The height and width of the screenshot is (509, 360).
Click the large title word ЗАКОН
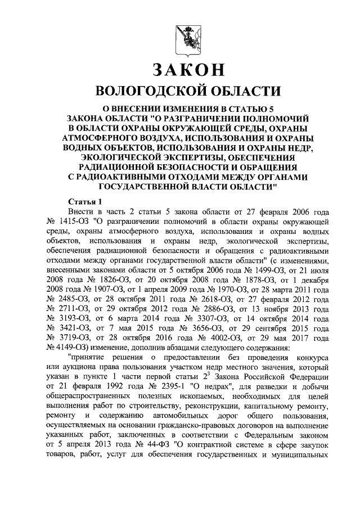tap(180, 71)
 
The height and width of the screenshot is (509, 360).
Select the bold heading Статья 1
tap(85, 201)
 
